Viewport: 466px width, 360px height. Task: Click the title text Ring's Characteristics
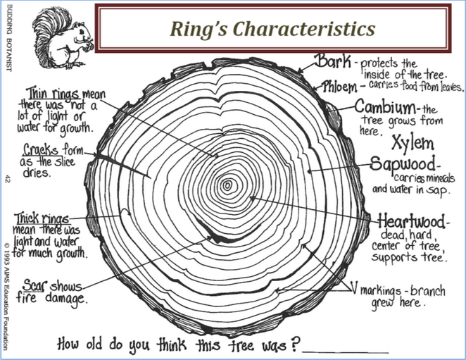click(272, 29)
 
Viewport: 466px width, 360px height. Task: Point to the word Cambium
click(384, 108)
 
